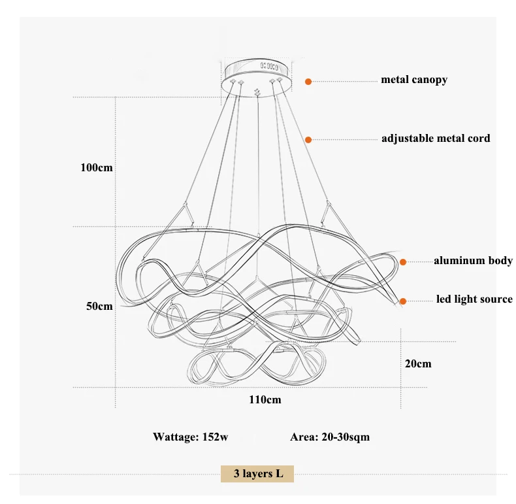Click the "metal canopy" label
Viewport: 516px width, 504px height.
pos(414,80)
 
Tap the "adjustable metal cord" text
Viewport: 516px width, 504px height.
pos(436,139)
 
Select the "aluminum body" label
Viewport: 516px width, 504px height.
pos(474,261)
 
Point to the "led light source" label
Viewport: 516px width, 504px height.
pos(474,299)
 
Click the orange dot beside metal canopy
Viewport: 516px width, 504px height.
pos(308,82)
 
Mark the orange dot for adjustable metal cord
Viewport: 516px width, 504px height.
pos(308,140)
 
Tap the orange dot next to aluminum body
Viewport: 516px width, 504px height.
pos(403,262)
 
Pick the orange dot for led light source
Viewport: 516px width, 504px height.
pos(403,301)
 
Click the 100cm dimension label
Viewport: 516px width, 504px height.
pos(97,167)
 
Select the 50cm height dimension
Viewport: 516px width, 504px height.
pos(99,307)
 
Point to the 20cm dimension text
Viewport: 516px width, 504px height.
pos(418,363)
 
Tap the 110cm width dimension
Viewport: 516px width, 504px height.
pos(265,400)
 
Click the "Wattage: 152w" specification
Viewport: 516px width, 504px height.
pos(191,437)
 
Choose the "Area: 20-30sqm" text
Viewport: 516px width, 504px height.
pos(330,437)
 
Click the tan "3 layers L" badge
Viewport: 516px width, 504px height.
pos(257,474)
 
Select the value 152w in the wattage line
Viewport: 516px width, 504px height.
pos(216,437)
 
